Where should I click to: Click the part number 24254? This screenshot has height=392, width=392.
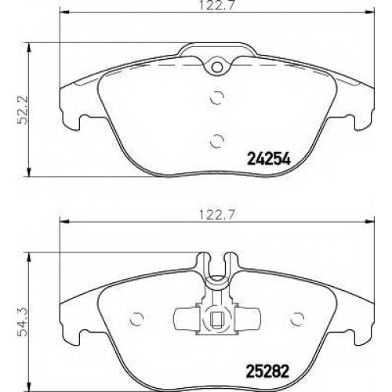[269, 158]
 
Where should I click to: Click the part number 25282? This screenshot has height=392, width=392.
[267, 371]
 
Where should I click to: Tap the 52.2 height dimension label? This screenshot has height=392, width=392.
[21, 109]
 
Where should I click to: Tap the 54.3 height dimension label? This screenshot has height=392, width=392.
[22, 322]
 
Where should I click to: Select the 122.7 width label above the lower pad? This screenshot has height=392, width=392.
[217, 215]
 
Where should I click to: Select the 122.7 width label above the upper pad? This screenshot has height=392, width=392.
[217, 5]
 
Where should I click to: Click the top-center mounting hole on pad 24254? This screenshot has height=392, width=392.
[217, 67]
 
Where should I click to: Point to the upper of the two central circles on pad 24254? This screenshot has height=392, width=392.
[217, 97]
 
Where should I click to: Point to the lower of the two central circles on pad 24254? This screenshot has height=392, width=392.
[217, 141]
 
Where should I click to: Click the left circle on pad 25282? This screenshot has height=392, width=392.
[136, 319]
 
